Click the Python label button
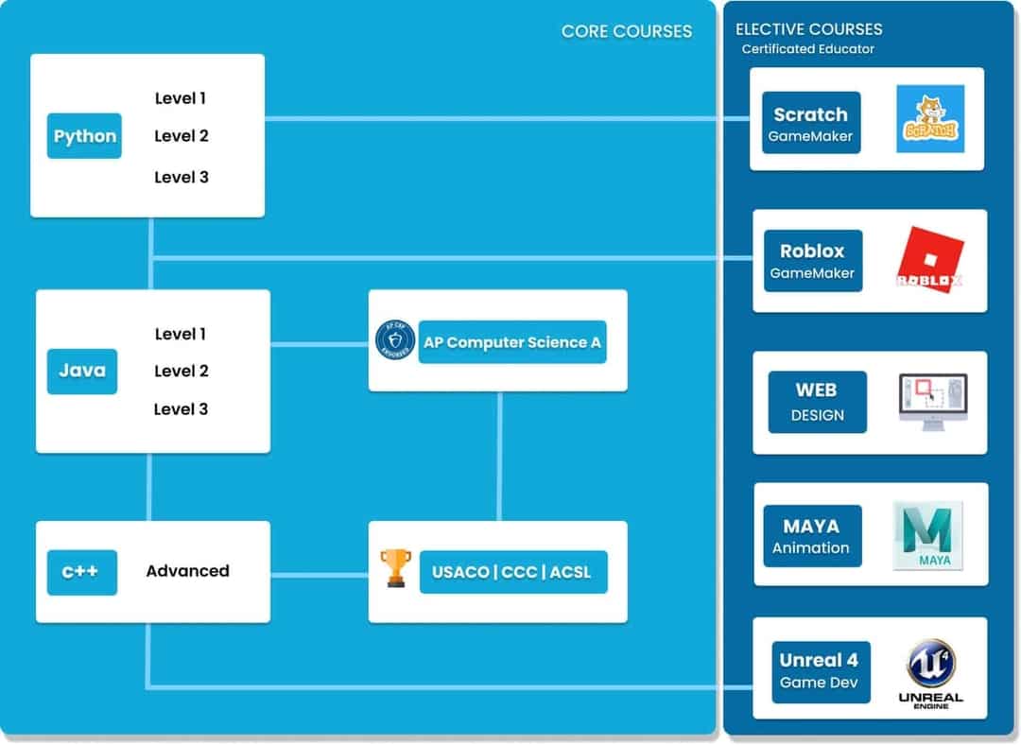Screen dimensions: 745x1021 [x=84, y=136]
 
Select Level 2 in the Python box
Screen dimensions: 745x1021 [x=181, y=136]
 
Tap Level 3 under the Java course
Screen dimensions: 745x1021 [x=181, y=409]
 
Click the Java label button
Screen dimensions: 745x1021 [x=82, y=372]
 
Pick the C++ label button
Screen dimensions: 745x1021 [x=82, y=572]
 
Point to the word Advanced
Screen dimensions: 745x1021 [x=187, y=571]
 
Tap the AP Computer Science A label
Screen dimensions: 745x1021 [x=511, y=342]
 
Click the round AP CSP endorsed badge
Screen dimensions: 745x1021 [x=395, y=340]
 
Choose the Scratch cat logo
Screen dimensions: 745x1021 [x=930, y=119]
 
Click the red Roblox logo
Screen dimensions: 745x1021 [x=929, y=257]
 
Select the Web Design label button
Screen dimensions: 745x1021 [x=817, y=402]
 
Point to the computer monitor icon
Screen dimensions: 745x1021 [x=932, y=401]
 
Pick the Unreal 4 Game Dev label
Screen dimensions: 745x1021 [x=820, y=671]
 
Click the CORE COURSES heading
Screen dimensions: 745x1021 [x=626, y=31]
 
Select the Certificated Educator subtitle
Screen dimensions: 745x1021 [x=807, y=49]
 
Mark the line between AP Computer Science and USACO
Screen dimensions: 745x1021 [x=499, y=456]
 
